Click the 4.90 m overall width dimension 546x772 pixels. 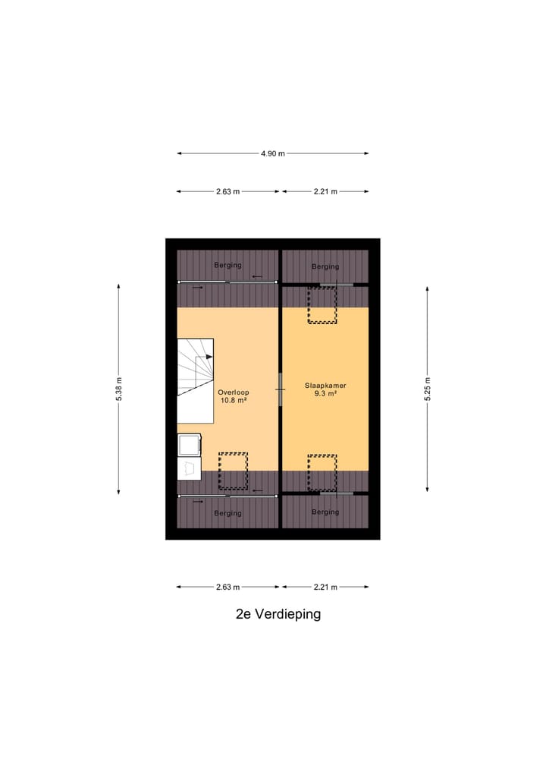tap(273, 153)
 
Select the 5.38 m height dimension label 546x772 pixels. tap(119, 389)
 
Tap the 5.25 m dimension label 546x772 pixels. tap(428, 389)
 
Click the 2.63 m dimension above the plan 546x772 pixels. tap(227, 192)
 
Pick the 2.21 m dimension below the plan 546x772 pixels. tap(325, 587)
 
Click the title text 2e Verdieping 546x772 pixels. tap(278, 614)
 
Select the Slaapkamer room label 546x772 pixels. tap(325, 385)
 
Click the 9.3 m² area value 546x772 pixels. tap(325, 394)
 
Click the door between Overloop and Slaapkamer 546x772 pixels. tap(281, 389)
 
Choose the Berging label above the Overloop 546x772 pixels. tap(227, 265)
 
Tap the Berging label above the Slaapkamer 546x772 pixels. tap(325, 266)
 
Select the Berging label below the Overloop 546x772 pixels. tap(227, 513)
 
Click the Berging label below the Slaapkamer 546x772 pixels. tap(325, 512)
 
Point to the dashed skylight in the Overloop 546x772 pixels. tap(233, 471)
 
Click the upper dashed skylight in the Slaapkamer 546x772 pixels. tap(322, 305)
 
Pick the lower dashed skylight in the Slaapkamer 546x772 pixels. tap(322, 472)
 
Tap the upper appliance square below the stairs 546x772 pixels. tap(189, 445)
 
